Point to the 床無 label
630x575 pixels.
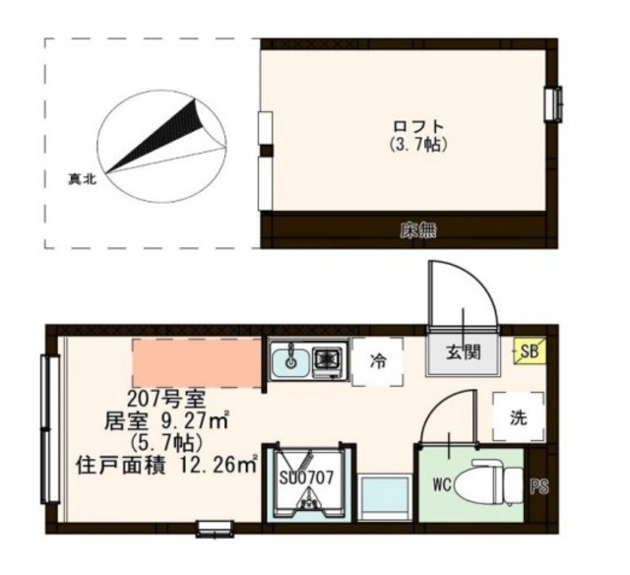pyautogui.click(x=417, y=232)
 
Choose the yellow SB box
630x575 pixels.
pyautogui.click(x=529, y=351)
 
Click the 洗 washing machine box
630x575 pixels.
pyautogui.click(x=518, y=416)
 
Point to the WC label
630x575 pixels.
pyautogui.click(x=442, y=484)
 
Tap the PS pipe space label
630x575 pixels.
pyautogui.click(x=538, y=484)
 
